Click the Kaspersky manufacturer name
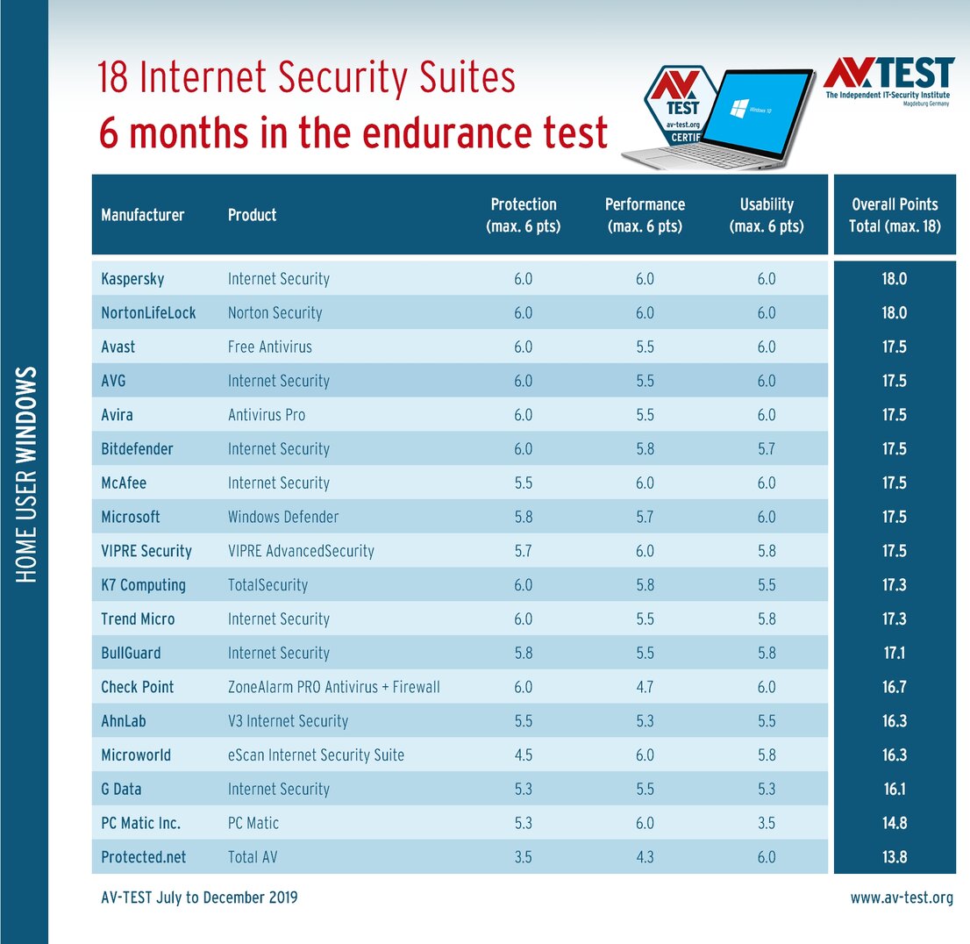click(x=132, y=279)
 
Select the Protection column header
click(x=523, y=215)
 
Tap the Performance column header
click(x=645, y=215)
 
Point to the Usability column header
click(x=767, y=215)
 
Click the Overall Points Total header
click(x=895, y=215)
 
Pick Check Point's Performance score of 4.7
click(x=645, y=687)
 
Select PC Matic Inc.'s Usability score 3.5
click(x=767, y=823)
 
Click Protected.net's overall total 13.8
click(x=895, y=857)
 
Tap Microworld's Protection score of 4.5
click(x=523, y=754)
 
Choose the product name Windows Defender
click(x=282, y=517)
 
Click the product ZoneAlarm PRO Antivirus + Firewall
click(x=333, y=687)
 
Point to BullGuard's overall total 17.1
click(x=895, y=653)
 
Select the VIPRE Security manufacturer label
click(x=146, y=551)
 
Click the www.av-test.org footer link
click(x=901, y=898)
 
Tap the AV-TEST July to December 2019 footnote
click(x=199, y=898)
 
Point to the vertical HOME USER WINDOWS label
click(x=25, y=474)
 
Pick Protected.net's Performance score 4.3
click(x=645, y=857)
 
